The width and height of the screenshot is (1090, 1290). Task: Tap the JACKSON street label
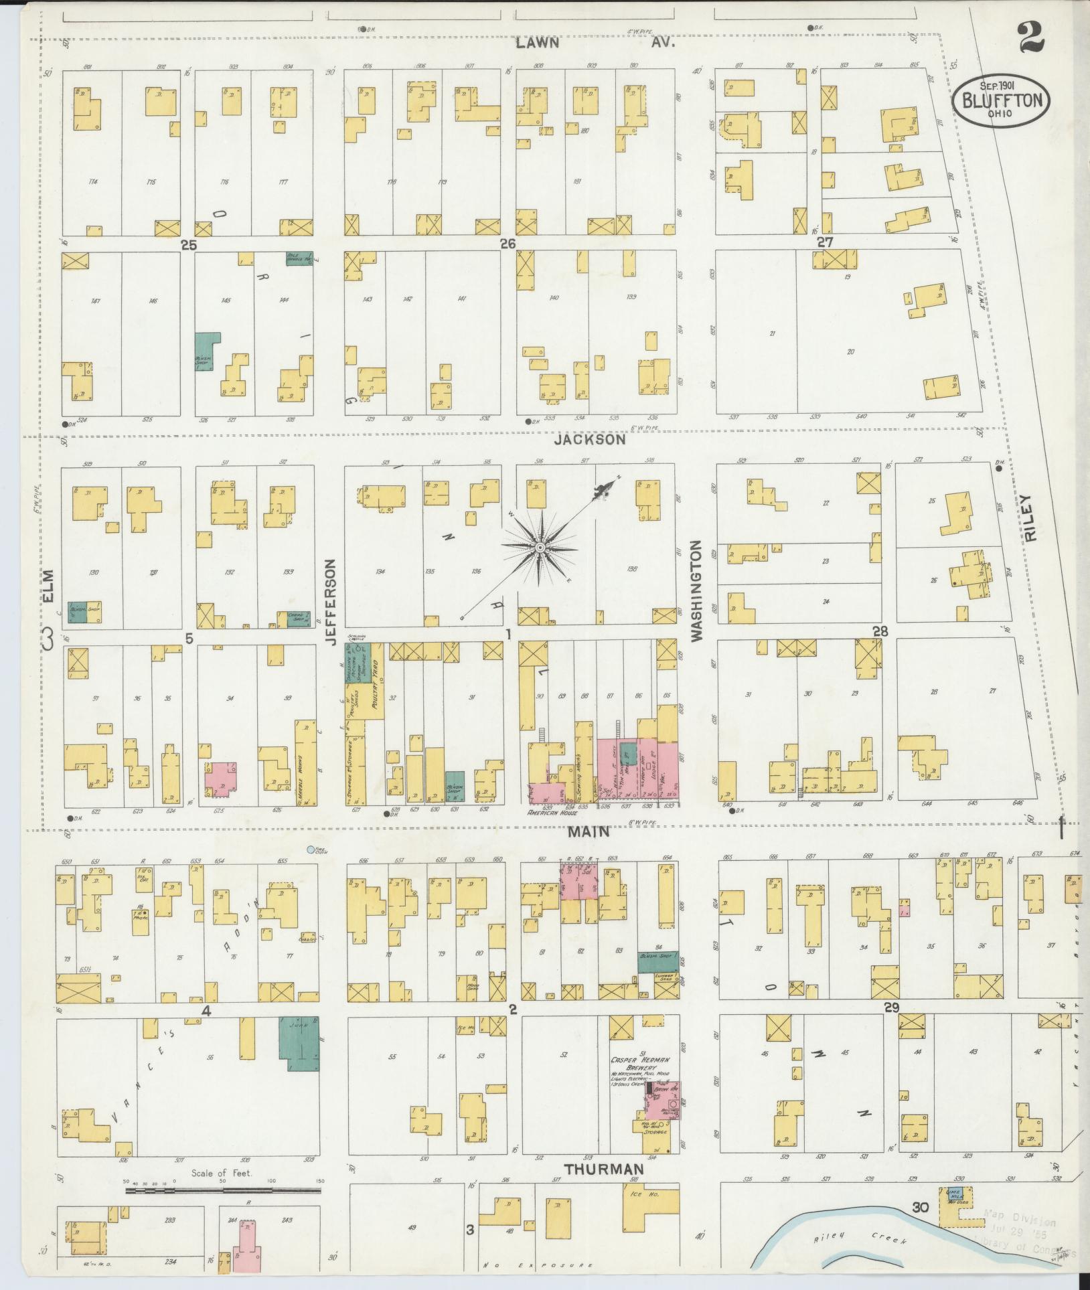click(591, 440)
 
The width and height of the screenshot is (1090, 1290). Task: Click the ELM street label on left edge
click(48, 583)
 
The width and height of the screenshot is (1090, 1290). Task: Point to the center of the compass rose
click(538, 548)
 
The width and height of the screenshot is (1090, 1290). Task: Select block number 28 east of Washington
click(879, 631)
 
